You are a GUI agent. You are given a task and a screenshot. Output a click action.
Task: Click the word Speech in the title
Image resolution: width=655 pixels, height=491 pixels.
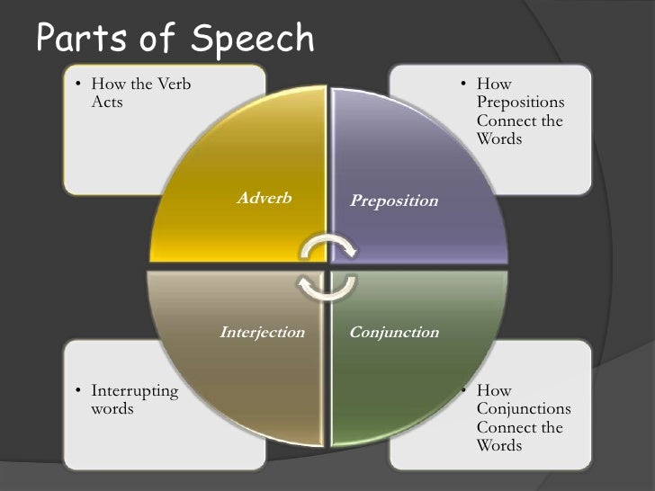coord(256,39)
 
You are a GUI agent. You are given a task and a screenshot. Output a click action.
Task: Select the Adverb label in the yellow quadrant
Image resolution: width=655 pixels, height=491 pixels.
coord(264,198)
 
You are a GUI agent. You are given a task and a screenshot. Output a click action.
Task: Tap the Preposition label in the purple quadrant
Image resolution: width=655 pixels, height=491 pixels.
coord(393,201)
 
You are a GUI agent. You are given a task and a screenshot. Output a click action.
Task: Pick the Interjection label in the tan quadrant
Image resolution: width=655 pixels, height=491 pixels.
coord(262,332)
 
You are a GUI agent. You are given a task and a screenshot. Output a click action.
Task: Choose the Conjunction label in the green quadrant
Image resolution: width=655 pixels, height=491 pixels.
coord(393,332)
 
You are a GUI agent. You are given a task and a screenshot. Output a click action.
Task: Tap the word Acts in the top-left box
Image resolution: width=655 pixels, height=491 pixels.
coord(107,102)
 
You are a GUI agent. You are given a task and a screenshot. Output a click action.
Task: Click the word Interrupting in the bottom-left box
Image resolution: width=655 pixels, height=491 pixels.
coord(134,391)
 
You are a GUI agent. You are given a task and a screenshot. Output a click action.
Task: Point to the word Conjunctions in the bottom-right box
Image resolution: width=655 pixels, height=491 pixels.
coord(523,409)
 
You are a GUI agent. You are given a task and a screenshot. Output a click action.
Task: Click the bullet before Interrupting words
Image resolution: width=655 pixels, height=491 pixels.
coord(78,391)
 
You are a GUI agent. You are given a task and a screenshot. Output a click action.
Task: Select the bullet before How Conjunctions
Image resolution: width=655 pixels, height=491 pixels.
coord(463,391)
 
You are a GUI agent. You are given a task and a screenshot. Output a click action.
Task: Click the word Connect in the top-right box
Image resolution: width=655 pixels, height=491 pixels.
coord(507,121)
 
